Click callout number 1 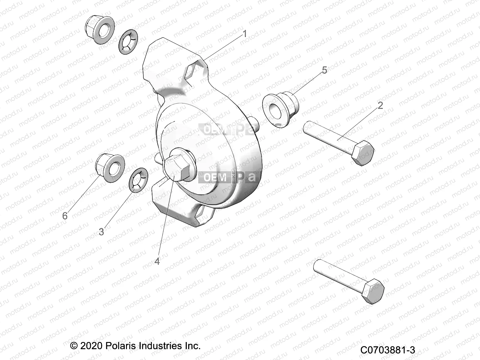pos(244,34)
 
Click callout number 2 pos(380,105)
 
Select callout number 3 pos(101,232)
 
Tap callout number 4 pos(157,261)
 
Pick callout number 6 pos(65,216)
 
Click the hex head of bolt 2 pos(362,152)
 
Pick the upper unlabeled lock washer pos(128,42)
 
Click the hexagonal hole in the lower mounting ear pos(204,216)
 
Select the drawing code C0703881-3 pos(388,350)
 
